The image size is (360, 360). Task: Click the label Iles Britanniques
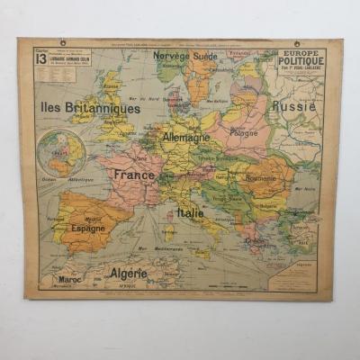(x=90, y=108)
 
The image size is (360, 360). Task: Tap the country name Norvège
(x=171, y=55)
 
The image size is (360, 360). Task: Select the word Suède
(x=206, y=55)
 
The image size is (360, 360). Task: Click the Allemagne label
(x=186, y=137)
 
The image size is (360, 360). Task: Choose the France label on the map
(x=134, y=175)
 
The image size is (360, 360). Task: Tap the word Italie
(x=190, y=212)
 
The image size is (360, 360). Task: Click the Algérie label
(x=129, y=272)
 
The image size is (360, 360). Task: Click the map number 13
(x=41, y=58)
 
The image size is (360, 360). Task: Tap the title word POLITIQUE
(x=301, y=64)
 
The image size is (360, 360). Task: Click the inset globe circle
(x=62, y=152)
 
